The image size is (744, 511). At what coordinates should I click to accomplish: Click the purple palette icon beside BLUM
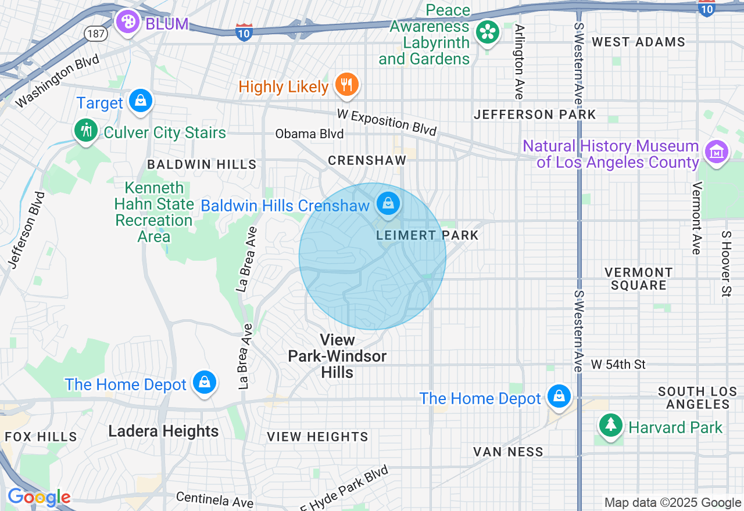[x=127, y=22]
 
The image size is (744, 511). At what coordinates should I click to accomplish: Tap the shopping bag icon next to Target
[x=140, y=101]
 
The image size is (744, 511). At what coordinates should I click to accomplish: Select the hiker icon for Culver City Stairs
[x=87, y=130]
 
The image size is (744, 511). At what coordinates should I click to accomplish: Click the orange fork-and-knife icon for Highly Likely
[x=347, y=85]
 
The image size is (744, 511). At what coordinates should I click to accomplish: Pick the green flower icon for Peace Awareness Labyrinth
[x=487, y=32]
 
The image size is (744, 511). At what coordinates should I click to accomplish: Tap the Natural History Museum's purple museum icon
[x=716, y=152]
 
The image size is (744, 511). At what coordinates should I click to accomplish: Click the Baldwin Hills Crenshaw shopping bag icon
[x=387, y=203]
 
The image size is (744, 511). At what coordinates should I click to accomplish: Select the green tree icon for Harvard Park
[x=611, y=425]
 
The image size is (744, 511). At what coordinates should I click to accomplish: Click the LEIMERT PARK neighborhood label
[x=427, y=235]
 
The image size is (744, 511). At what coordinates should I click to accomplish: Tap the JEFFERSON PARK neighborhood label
[x=535, y=114]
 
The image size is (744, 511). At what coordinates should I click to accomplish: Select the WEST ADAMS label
[x=638, y=42]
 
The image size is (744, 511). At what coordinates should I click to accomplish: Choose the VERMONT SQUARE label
[x=638, y=279]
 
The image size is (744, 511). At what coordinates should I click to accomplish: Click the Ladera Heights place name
[x=163, y=431]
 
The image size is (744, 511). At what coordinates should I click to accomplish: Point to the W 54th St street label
[x=618, y=365]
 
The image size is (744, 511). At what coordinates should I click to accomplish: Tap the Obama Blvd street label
[x=309, y=134]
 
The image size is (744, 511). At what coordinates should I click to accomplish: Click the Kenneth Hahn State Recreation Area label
[x=154, y=213]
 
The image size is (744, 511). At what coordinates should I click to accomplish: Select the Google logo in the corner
[x=39, y=497]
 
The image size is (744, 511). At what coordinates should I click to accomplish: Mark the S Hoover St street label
[x=725, y=264]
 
